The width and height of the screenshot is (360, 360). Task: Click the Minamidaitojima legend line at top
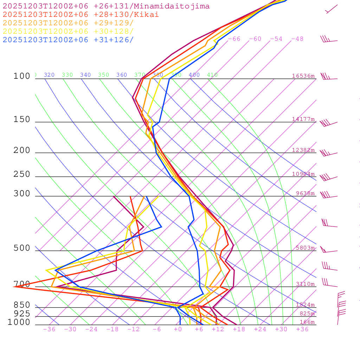click(x=106, y=6)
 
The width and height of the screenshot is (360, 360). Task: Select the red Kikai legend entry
click(x=81, y=15)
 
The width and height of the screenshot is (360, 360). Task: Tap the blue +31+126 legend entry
click(x=68, y=40)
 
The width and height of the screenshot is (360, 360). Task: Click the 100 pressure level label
click(x=22, y=76)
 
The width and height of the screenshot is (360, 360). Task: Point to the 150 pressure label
click(x=22, y=120)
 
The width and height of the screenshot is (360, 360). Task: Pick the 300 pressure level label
click(x=22, y=194)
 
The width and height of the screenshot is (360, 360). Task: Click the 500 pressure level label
click(x=22, y=248)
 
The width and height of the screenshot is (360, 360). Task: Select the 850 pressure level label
click(x=22, y=305)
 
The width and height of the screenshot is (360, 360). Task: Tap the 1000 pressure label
click(x=19, y=322)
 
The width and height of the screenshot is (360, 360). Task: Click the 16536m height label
click(x=303, y=76)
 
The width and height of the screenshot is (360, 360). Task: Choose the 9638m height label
click(x=305, y=193)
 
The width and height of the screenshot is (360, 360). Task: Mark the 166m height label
click(x=307, y=322)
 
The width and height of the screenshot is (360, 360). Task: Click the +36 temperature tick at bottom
click(x=302, y=329)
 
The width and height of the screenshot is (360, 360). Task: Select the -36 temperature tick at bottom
click(x=49, y=329)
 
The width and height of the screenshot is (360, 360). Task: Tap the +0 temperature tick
click(x=178, y=329)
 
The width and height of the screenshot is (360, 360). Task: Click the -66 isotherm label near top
click(x=234, y=39)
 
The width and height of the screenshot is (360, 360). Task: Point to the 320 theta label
click(x=49, y=75)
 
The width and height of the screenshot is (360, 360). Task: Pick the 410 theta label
click(x=212, y=75)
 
